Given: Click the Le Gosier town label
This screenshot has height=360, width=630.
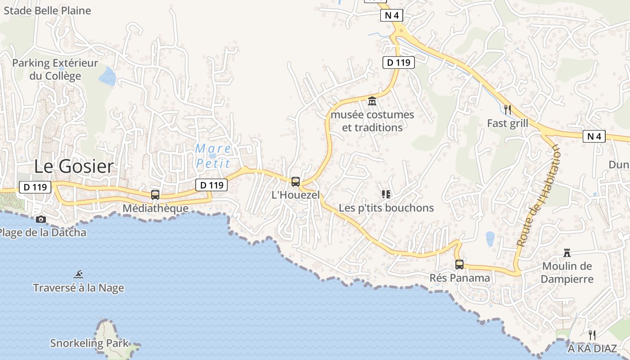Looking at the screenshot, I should pyautogui.click(x=74, y=166).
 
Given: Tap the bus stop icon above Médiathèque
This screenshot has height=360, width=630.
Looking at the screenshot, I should pyautogui.click(x=155, y=195).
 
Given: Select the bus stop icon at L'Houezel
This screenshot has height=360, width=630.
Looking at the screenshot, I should pyautogui.click(x=296, y=182).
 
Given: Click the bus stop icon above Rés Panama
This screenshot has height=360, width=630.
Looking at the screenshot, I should pyautogui.click(x=459, y=265).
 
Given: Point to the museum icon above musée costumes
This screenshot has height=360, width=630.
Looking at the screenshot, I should pyautogui.click(x=372, y=101).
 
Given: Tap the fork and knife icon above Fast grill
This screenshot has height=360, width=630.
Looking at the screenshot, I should pyautogui.click(x=508, y=109).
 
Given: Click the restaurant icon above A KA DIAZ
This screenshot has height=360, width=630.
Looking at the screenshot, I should pyautogui.click(x=592, y=335).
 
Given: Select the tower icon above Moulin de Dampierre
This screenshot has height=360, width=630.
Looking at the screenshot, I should pyautogui.click(x=567, y=253).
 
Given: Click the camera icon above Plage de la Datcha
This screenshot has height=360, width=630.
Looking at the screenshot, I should pyautogui.click(x=41, y=220).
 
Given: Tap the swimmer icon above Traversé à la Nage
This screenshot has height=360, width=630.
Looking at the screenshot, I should pyautogui.click(x=79, y=274).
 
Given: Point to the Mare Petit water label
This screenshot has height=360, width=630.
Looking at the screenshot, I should pyautogui.click(x=213, y=156).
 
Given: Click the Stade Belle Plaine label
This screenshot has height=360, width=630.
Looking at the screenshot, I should pyautogui.click(x=47, y=10).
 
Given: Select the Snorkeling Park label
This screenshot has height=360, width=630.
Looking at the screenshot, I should pyautogui.click(x=89, y=343).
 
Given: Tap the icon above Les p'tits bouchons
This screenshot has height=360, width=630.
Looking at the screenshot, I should pyautogui.click(x=386, y=194).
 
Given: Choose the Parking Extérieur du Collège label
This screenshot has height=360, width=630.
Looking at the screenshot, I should pyautogui.click(x=55, y=69).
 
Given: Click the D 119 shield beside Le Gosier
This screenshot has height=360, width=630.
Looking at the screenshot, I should pyautogui.click(x=35, y=187).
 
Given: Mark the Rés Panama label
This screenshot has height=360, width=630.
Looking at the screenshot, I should pyautogui.click(x=459, y=278).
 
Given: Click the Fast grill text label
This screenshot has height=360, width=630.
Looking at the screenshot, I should pyautogui.click(x=508, y=123).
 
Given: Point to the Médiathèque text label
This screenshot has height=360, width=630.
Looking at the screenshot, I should pyautogui.click(x=155, y=208).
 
